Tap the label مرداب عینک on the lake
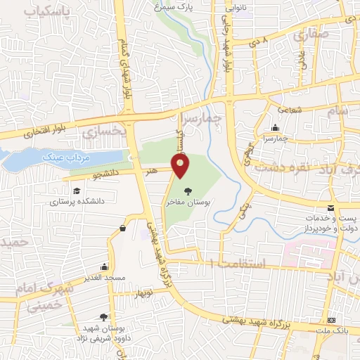(61, 157)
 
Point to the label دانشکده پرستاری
(77, 201)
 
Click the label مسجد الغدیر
(104, 278)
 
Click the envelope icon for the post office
(330, 207)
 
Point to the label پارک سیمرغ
(174, 7)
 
